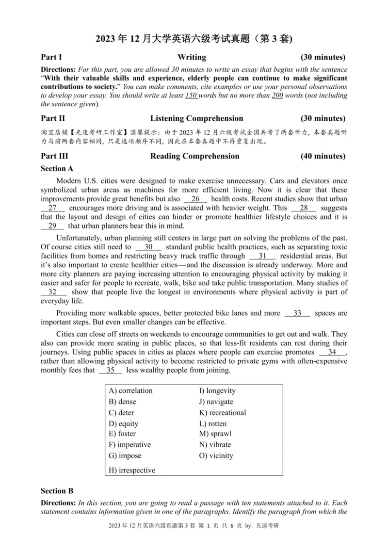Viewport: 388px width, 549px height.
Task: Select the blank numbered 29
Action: click(x=52, y=226)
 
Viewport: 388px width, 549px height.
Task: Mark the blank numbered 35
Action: click(x=110, y=370)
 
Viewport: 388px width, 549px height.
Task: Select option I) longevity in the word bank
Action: click(x=217, y=391)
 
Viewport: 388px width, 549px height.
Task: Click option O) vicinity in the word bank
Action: click(x=216, y=455)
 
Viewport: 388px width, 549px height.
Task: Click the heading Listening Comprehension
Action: click(x=196, y=118)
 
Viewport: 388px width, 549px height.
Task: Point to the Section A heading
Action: click(x=57, y=169)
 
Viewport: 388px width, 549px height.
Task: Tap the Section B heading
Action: click(x=57, y=491)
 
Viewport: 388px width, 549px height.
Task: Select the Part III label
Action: click(x=54, y=156)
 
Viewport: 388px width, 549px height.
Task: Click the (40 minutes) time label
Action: click(x=323, y=156)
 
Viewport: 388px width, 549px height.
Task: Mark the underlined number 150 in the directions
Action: click(x=191, y=95)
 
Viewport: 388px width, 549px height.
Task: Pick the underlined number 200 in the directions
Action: click(x=277, y=95)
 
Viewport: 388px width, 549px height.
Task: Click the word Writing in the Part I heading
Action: click(x=192, y=57)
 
